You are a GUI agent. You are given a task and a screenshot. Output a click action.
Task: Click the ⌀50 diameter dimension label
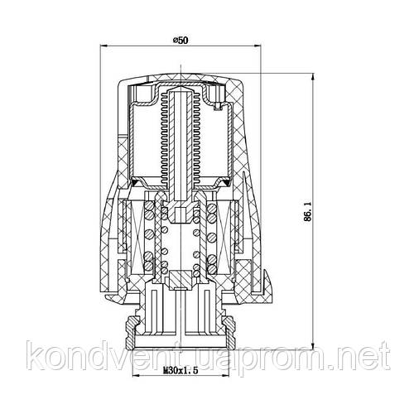(x=180, y=41)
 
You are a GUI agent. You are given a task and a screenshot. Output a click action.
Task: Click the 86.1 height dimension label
(x=307, y=211)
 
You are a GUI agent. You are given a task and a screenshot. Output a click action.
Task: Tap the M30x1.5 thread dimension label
(x=181, y=370)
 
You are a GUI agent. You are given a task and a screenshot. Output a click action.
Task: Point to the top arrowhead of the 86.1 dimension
(x=312, y=77)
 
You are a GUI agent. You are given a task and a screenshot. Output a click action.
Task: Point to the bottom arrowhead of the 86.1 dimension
(x=312, y=345)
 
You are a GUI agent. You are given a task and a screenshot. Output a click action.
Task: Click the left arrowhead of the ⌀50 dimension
(x=103, y=46)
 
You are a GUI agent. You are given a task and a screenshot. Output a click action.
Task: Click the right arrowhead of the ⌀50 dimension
(x=258, y=46)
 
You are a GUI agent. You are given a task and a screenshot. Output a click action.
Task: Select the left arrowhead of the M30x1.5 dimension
(x=137, y=375)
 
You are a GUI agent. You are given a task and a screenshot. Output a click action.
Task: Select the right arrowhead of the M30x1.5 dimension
(x=225, y=375)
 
